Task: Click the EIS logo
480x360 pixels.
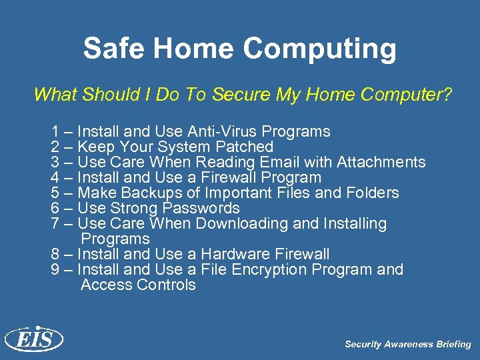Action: tap(33, 340)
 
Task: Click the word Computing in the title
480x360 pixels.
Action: tap(320, 49)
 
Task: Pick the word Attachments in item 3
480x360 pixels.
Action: tap(381, 162)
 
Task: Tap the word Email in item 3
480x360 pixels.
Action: tap(279, 162)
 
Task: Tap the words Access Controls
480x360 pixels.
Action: tap(138, 285)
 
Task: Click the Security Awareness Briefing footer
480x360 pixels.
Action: tap(407, 345)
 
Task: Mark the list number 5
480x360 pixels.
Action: tap(55, 193)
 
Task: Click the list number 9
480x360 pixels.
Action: tap(55, 269)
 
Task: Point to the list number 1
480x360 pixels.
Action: tap(55, 131)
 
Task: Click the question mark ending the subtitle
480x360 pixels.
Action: tap(447, 95)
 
